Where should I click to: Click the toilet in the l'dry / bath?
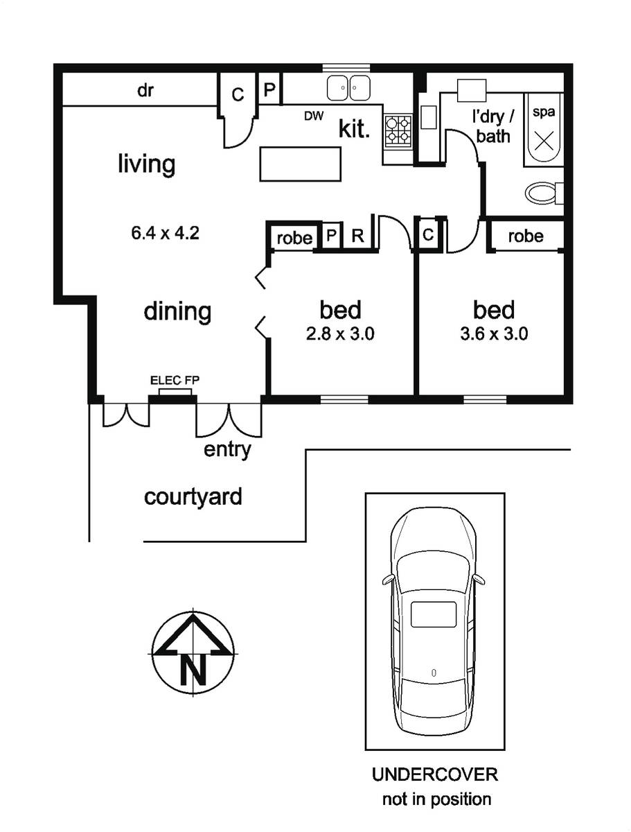click(544, 193)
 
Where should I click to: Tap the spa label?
click(544, 112)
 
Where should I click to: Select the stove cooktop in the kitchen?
click(398, 130)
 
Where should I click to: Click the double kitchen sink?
click(348, 87)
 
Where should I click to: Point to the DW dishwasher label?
click(314, 116)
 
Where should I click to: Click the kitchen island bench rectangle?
click(300, 164)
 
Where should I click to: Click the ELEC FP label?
click(175, 380)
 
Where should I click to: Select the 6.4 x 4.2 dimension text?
click(165, 233)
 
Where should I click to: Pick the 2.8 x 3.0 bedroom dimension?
click(340, 334)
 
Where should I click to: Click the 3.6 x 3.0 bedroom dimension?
click(494, 334)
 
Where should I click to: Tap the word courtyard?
click(193, 497)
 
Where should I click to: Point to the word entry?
click(227, 450)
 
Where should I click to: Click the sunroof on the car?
click(434, 614)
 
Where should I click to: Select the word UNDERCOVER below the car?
click(435, 774)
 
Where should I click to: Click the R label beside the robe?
click(357, 236)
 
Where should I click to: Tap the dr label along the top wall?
click(145, 90)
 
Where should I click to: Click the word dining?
click(177, 311)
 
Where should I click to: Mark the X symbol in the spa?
click(544, 141)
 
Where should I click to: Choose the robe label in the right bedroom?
click(526, 236)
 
